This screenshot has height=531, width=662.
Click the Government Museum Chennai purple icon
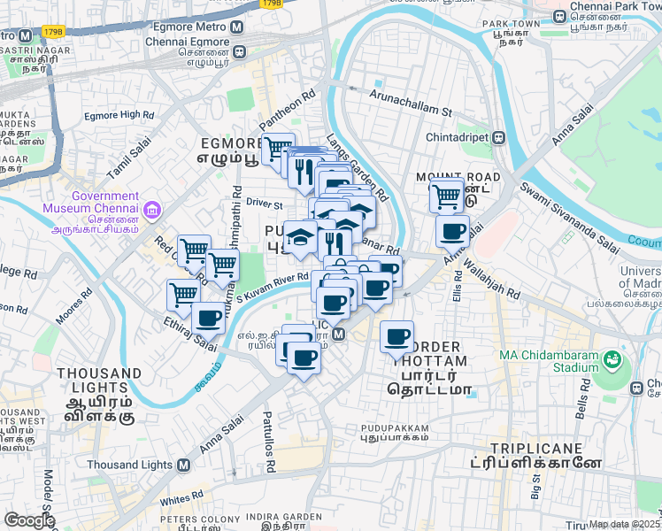(154, 211)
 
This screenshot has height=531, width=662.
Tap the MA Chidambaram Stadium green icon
(612, 359)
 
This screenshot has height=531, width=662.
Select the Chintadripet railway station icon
(499, 137)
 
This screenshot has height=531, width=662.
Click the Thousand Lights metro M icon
(183, 465)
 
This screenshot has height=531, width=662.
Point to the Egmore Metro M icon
(237, 27)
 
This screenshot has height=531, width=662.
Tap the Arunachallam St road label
(411, 103)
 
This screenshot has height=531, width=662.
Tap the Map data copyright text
(625, 524)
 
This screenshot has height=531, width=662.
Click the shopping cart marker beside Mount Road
(447, 194)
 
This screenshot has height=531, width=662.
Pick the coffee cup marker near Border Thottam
(396, 337)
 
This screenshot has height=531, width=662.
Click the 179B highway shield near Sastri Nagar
(53, 32)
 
